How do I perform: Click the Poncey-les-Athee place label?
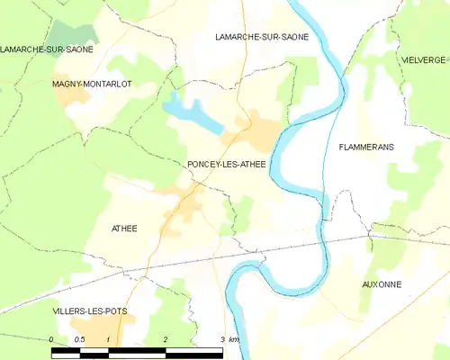coord(226,164)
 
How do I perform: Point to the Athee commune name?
coord(123,229)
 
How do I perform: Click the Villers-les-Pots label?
coord(89,311)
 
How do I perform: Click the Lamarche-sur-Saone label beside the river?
coord(262,37)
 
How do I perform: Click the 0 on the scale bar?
coord(52,339)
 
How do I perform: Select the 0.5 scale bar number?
coord(79,339)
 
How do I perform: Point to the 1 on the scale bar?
coord(109,339)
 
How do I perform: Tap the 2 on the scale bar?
coord(166,339)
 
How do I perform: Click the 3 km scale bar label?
coord(229,339)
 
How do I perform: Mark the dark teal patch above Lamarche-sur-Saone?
coord(65,36)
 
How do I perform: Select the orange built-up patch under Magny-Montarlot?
coord(70,96)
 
